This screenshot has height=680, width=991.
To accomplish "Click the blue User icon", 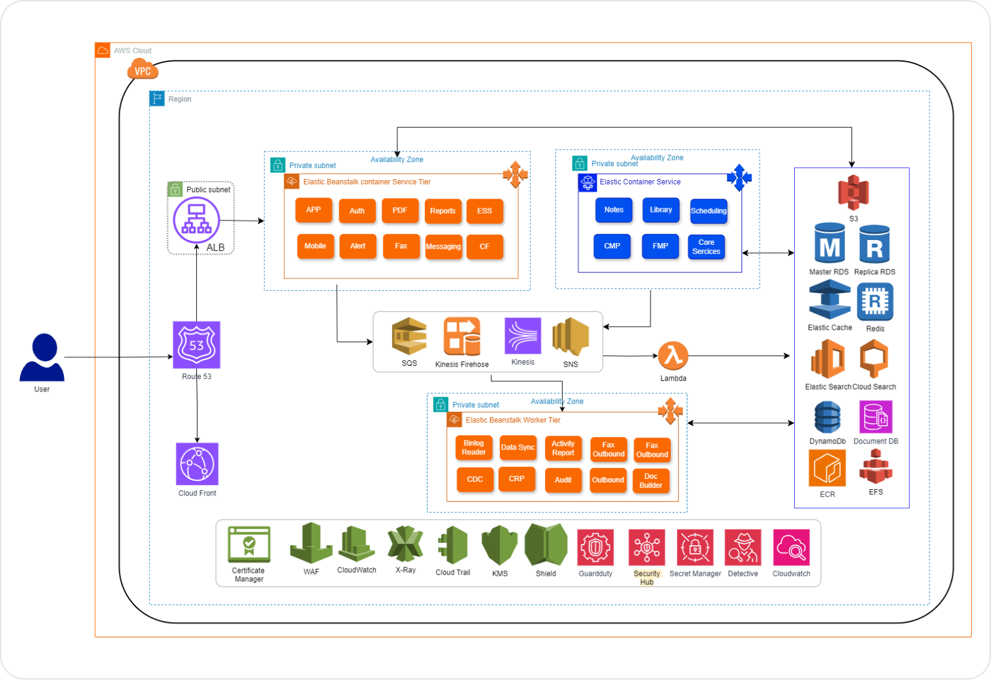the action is (x=42, y=357).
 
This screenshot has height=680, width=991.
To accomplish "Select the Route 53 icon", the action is (x=196, y=345).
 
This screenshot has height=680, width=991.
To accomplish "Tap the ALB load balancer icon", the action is (x=196, y=220).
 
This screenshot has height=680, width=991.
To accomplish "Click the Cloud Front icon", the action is (x=197, y=464).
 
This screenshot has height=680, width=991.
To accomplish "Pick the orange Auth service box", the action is (x=357, y=211).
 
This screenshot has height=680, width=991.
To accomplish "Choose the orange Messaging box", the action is (x=443, y=247).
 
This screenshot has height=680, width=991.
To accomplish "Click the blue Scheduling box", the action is (x=709, y=211).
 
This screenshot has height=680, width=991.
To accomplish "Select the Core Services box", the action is (x=706, y=247).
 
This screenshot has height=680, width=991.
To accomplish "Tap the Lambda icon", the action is (x=673, y=356).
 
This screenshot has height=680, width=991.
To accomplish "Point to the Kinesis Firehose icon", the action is (x=462, y=336).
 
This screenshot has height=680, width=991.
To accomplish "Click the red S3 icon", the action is (x=853, y=192).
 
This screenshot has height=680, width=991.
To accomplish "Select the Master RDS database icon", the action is (x=829, y=243).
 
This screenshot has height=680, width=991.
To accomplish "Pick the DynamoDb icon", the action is (x=827, y=417).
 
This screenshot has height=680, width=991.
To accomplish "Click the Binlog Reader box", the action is (x=473, y=447).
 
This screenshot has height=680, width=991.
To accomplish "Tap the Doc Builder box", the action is (x=650, y=481).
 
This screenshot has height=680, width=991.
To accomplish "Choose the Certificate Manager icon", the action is (x=249, y=544).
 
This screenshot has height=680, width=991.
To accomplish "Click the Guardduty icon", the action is (x=595, y=547).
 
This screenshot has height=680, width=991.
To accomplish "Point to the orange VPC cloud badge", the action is (x=142, y=69).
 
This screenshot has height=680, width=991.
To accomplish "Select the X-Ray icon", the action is (x=405, y=544).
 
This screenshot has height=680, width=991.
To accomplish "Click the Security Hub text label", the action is (x=646, y=578).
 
